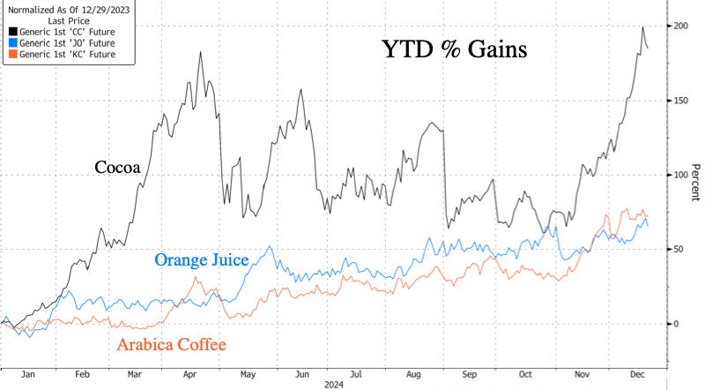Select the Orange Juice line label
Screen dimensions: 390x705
[x=201, y=260]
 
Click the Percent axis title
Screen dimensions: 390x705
[x=694, y=187]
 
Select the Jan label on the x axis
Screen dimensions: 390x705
[x=27, y=374]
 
